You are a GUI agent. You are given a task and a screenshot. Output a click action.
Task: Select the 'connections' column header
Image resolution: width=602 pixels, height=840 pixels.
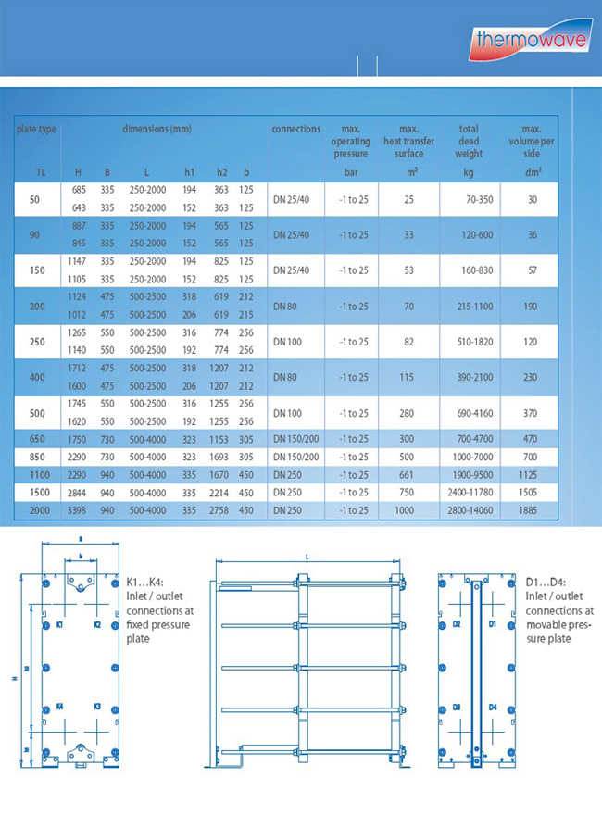296,130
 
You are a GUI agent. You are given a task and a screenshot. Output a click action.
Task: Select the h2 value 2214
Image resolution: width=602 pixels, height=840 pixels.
221,493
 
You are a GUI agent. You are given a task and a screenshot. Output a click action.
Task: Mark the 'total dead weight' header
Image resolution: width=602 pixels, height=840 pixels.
469,142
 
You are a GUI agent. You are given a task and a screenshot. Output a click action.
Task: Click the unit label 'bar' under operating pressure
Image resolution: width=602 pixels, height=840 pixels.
351,172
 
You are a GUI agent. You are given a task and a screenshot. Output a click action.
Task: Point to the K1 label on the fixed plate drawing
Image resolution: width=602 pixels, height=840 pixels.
59,625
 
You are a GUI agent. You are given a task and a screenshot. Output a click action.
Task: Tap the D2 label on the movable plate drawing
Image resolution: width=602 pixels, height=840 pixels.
457,625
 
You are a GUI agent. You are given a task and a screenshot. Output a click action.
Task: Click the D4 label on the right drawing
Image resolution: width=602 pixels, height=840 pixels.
493,707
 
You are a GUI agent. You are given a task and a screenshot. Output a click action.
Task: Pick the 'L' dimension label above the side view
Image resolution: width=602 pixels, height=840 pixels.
306,556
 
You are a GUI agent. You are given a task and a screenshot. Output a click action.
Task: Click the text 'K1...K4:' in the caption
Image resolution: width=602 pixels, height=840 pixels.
144,582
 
